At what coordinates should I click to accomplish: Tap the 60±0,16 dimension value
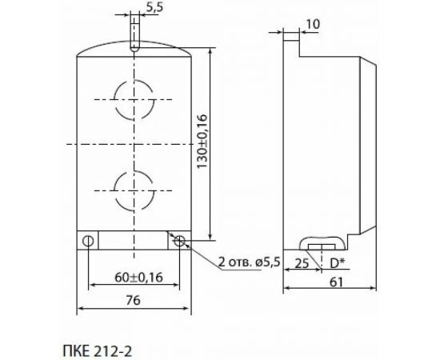(133, 277)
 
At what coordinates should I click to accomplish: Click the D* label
(336, 262)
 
